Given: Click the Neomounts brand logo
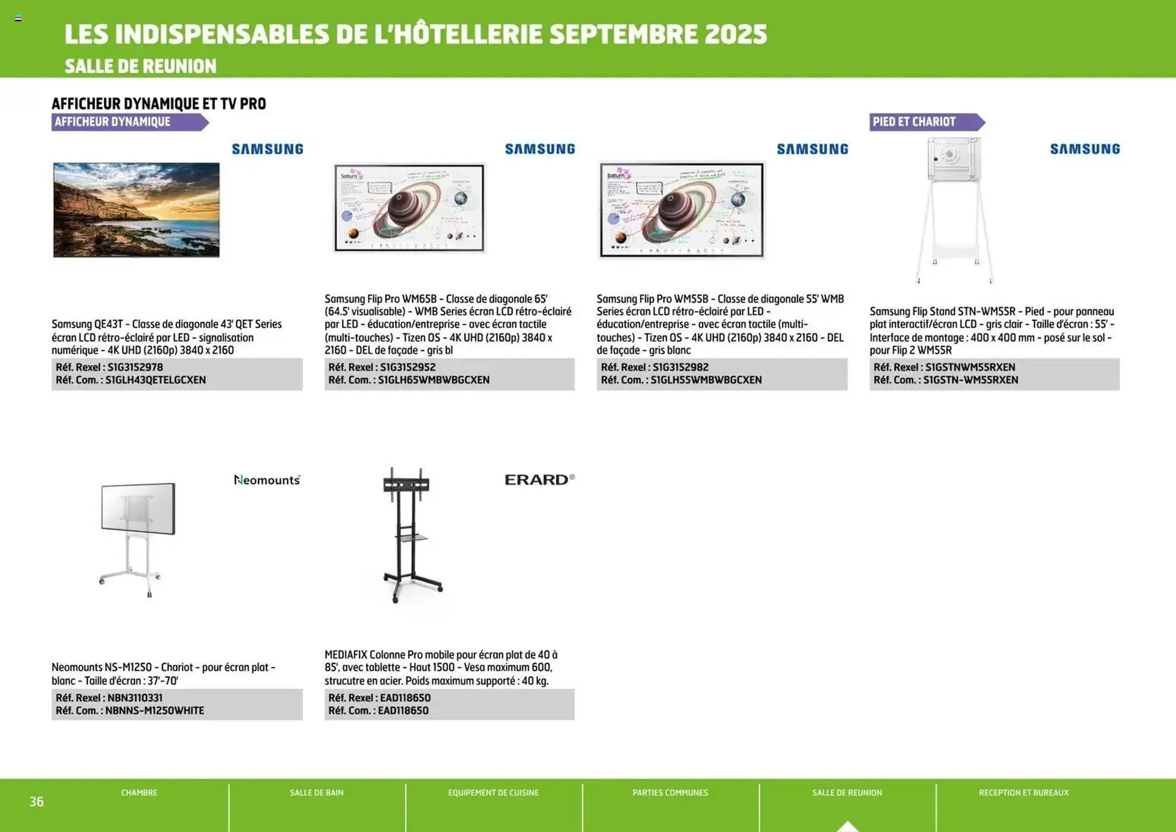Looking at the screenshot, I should click(x=267, y=480).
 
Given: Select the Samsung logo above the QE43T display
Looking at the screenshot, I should click(x=268, y=149).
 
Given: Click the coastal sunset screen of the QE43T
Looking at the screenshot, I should click(x=136, y=210).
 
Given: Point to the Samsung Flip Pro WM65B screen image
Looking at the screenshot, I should click(x=409, y=208).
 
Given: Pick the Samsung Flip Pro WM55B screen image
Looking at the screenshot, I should click(x=682, y=210).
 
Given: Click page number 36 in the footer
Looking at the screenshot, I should click(x=37, y=801).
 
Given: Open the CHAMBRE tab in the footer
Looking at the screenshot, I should click(x=139, y=793).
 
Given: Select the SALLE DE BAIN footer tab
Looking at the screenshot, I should click(x=317, y=793).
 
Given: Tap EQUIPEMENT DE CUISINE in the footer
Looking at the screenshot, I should click(x=493, y=793).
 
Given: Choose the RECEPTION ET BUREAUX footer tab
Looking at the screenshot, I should click(x=1023, y=793).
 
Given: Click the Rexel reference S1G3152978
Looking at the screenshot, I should click(x=135, y=367).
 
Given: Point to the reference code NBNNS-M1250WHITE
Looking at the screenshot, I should click(x=154, y=711).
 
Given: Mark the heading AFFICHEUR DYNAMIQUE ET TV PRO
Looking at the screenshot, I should click(x=159, y=104).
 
